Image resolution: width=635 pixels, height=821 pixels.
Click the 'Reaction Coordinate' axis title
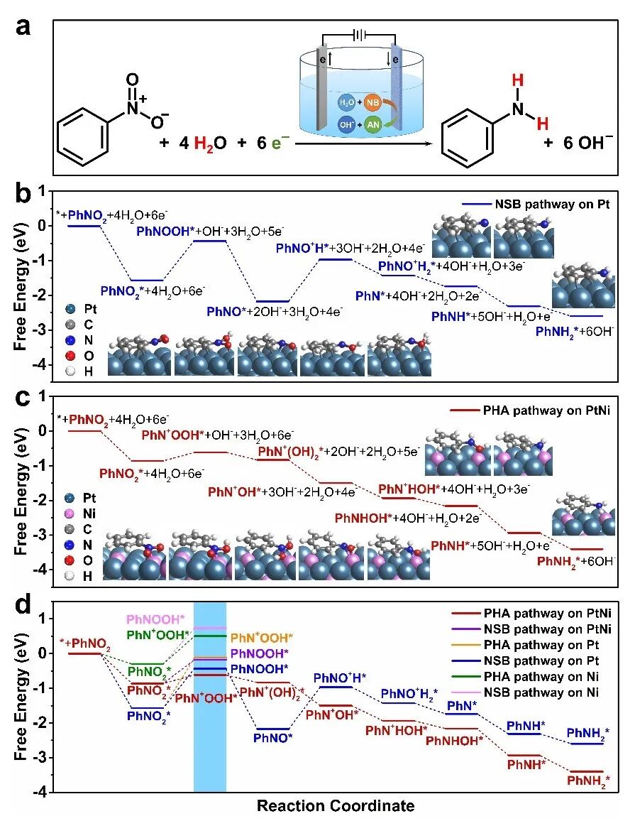tap(336, 805)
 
